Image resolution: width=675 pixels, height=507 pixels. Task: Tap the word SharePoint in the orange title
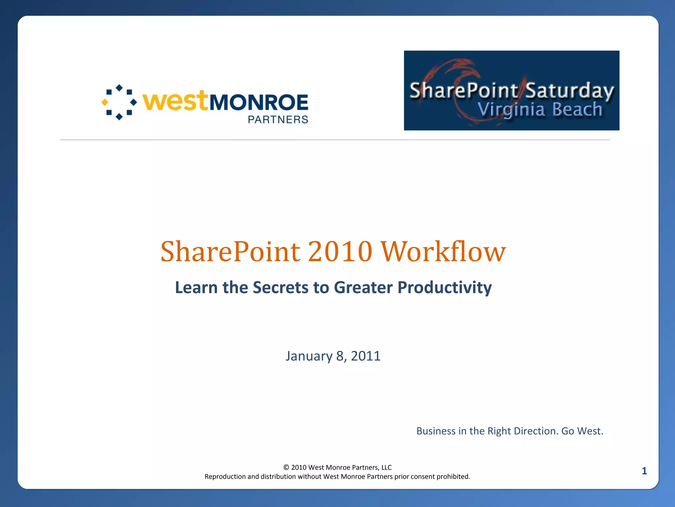coord(230,252)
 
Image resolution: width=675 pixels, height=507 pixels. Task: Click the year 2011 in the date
coord(366,356)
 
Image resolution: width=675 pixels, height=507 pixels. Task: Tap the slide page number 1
coord(644,471)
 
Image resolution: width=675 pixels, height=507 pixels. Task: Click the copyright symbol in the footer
coord(286,467)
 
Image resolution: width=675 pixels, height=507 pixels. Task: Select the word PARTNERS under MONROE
coord(278,119)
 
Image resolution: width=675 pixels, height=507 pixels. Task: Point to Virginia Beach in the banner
coord(540,110)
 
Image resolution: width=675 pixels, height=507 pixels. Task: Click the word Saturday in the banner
coord(569,90)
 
